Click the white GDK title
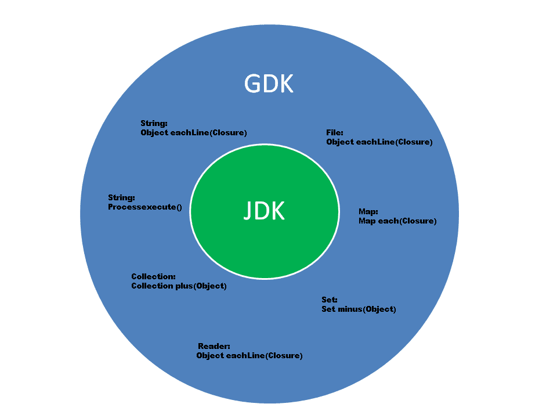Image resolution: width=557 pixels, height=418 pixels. pos(269,84)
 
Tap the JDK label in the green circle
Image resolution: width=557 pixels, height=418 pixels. pos(264,211)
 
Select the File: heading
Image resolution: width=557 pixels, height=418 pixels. pos(335,133)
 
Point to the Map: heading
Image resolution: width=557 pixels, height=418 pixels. pos(368,212)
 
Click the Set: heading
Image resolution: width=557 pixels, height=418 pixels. pos(330,300)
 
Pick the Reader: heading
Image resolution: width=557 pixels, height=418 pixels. pos(214,346)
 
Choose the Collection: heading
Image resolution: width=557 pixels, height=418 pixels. pos(153,276)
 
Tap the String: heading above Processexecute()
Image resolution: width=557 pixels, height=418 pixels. pos(121,198)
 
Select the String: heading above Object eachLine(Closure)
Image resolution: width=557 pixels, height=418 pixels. pos(154,123)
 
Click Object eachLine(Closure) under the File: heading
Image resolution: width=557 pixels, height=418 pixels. pos(379,142)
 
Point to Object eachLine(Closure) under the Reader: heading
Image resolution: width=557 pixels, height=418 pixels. pos(249,355)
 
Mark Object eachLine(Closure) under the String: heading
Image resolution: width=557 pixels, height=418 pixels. pos(194,132)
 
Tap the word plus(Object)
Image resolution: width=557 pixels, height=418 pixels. pos(202,286)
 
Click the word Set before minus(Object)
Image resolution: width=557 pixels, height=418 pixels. pos(328,309)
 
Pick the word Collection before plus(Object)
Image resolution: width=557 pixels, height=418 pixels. pos(153,286)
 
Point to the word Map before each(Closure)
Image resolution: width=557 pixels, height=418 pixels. pos(367,221)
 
